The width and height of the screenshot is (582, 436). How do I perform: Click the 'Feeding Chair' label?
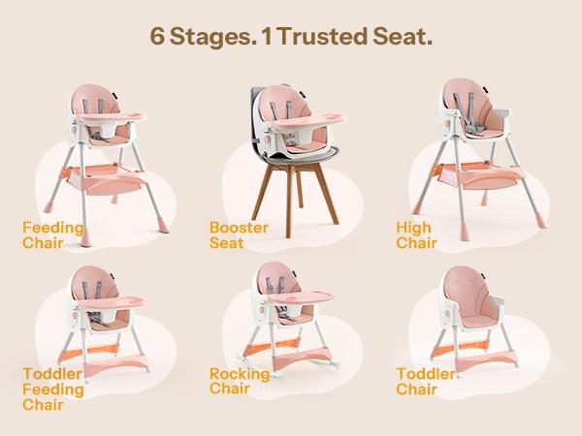coord(45,234)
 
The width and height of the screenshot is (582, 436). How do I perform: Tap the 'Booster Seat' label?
coord(233,234)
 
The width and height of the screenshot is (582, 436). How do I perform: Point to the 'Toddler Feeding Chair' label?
coord(45,388)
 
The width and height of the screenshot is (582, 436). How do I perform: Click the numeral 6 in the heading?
coord(158,37)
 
